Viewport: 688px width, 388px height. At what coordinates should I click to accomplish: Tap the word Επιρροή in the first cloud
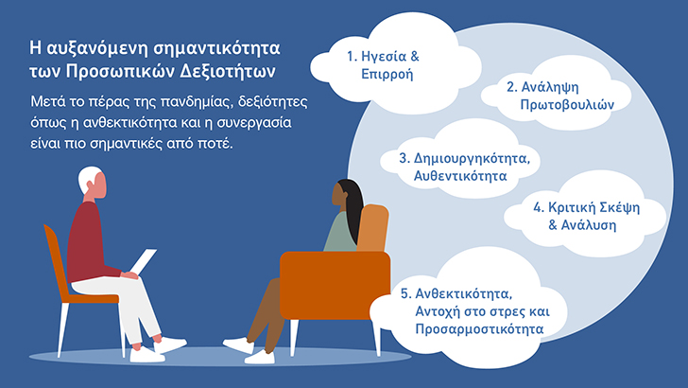tap(387, 74)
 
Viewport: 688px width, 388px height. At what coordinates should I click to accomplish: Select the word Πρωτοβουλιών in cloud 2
tap(567, 105)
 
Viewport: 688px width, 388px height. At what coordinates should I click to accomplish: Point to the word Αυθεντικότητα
tap(460, 176)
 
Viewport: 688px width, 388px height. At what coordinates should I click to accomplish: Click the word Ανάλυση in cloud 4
tap(589, 225)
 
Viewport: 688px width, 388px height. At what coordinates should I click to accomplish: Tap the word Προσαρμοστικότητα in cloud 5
tap(479, 328)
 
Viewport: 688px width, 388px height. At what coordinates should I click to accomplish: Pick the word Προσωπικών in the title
tap(117, 72)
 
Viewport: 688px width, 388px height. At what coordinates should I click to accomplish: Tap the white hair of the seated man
tap(88, 178)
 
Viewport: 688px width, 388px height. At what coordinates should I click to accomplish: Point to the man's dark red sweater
tap(90, 242)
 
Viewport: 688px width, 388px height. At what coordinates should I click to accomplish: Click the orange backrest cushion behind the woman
tap(373, 228)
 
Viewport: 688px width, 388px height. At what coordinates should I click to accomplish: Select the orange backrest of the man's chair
tap(55, 259)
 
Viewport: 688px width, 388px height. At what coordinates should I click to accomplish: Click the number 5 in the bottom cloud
tap(404, 294)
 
